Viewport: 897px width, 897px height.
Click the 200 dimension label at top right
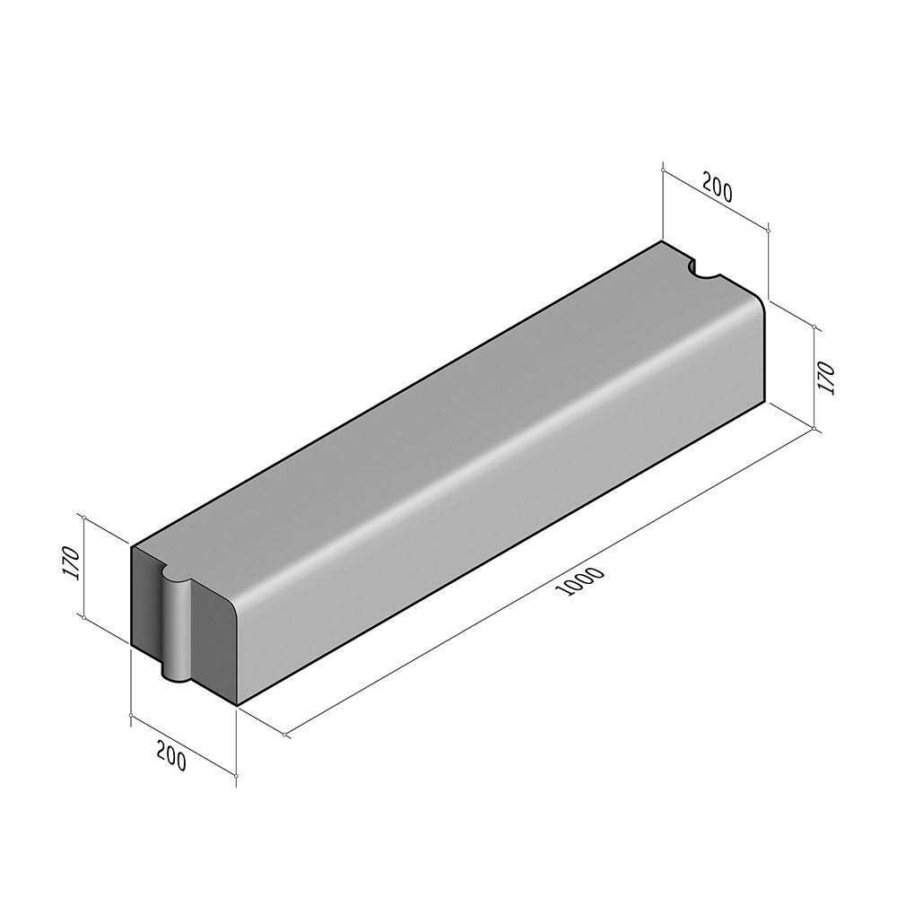[717, 189]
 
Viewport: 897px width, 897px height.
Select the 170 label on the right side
[827, 378]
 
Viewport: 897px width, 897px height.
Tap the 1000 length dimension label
[584, 581]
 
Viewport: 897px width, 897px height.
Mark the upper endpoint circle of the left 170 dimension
[84, 518]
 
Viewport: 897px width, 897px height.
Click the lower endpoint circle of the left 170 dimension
[84, 618]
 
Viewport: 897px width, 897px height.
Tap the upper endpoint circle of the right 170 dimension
[814, 327]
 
